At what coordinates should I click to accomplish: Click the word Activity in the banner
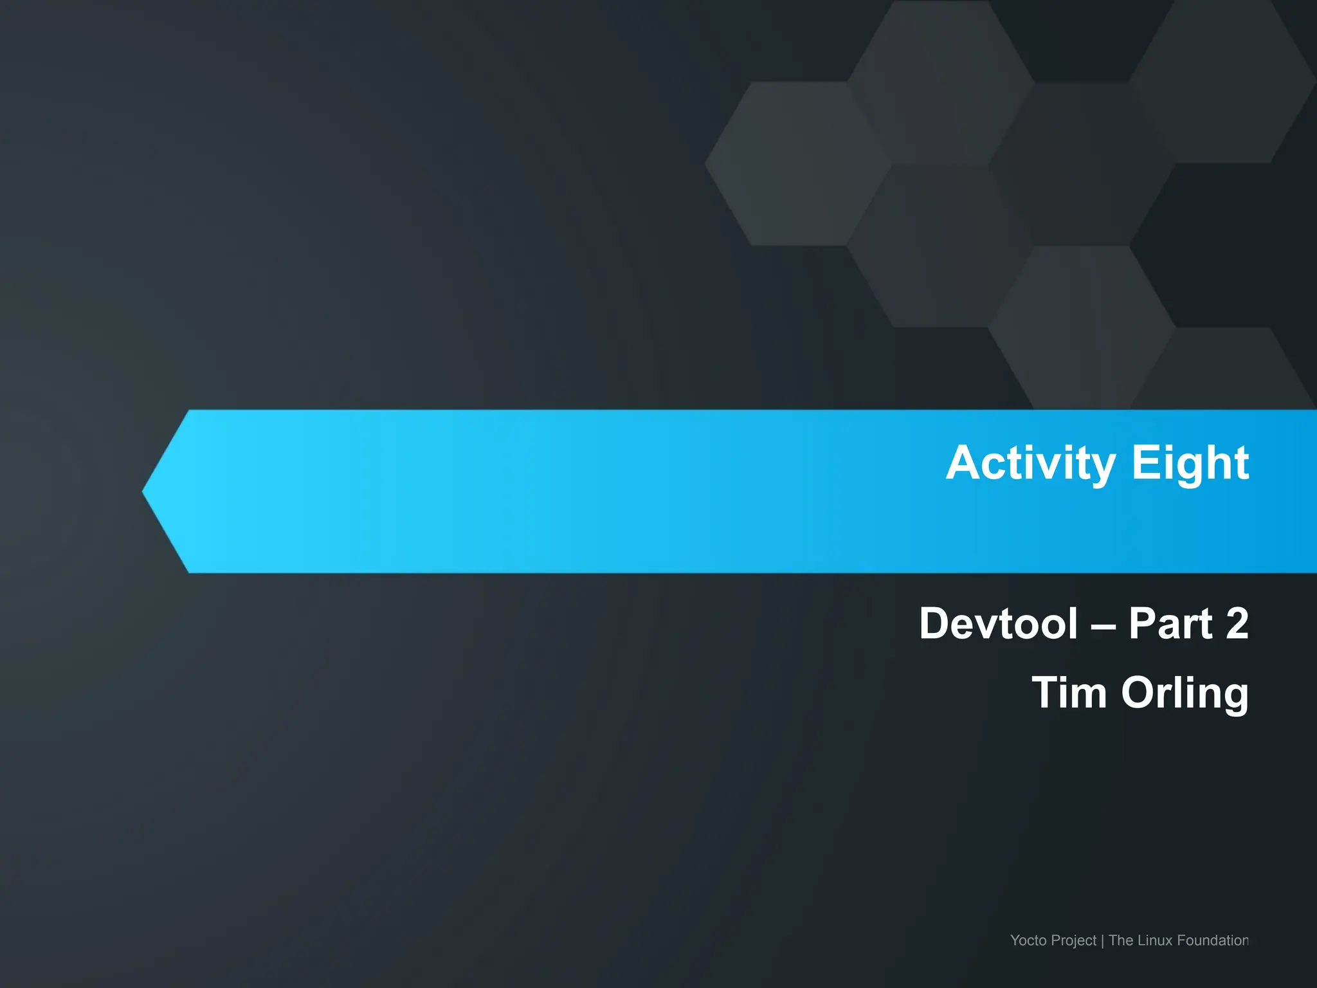[1031, 463]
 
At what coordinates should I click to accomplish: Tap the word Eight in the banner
[1190, 463]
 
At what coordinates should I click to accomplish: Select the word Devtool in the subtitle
[998, 623]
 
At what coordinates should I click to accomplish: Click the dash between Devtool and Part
[1103, 625]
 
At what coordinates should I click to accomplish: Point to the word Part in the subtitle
[1170, 623]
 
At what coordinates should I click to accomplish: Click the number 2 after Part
[1237, 623]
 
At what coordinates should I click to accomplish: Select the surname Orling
[1185, 693]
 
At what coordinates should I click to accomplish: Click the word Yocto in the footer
[1028, 940]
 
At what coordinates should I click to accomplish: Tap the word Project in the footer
[1075, 941]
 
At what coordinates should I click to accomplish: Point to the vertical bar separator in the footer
[1102, 941]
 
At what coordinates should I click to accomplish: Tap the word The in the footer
[1121, 940]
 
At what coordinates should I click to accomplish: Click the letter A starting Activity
[962, 463]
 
